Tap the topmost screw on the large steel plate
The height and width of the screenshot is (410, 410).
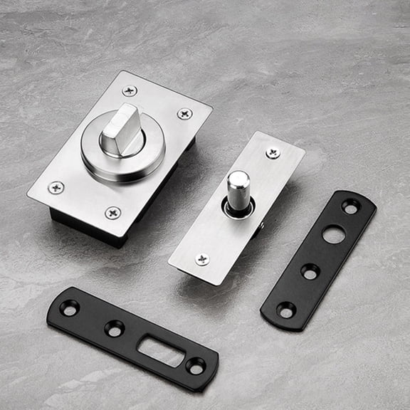(x=130, y=91)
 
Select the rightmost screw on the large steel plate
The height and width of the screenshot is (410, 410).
(x=184, y=113)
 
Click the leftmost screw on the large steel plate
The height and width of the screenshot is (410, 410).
(x=56, y=187)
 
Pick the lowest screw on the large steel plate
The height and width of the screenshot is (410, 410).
(x=112, y=213)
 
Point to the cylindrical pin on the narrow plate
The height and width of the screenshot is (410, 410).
(x=238, y=188)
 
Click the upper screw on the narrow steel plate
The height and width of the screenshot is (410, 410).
(x=273, y=153)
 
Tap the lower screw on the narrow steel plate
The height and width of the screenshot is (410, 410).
(x=202, y=259)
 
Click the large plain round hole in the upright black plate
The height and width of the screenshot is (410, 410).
(x=332, y=233)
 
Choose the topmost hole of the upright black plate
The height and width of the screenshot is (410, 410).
(x=350, y=206)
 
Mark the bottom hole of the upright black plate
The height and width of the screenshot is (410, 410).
(x=285, y=310)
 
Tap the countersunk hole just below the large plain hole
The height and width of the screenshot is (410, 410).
(x=310, y=271)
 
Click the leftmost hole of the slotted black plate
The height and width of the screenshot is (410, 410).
(x=70, y=307)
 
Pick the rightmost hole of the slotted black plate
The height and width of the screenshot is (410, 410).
(x=195, y=366)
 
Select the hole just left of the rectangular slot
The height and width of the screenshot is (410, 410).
(x=114, y=328)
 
